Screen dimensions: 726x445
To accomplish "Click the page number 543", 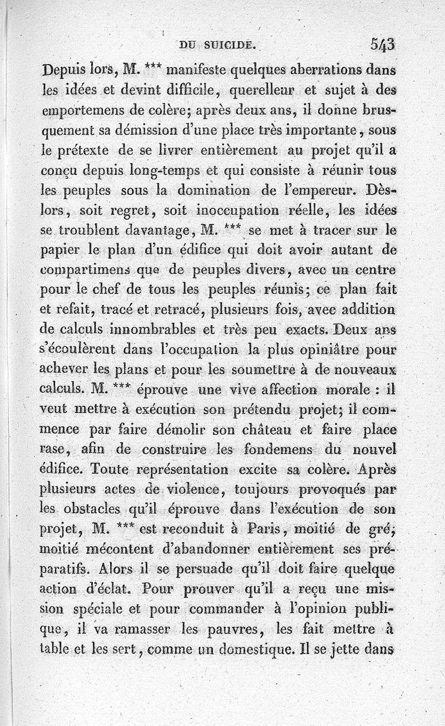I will coord(381,44).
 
